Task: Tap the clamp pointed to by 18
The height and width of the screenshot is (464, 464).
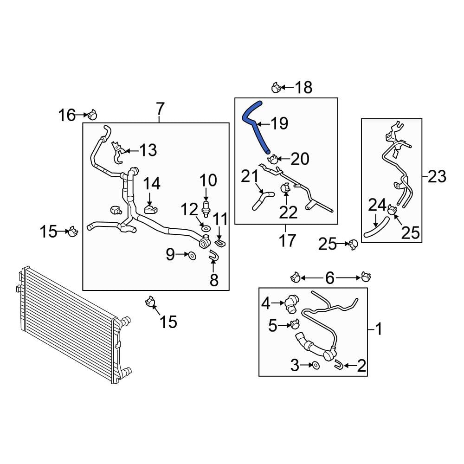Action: [x=276, y=88]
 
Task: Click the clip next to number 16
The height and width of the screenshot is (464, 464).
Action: [x=92, y=115]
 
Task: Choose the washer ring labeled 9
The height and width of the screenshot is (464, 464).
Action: [x=192, y=255]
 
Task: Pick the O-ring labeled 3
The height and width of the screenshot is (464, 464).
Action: [x=316, y=366]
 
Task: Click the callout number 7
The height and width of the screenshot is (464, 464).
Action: [x=160, y=109]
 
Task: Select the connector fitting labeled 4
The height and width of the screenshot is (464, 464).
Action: [x=291, y=304]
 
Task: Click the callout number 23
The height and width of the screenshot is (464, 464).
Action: [x=437, y=177]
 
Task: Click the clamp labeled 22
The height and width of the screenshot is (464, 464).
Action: [x=285, y=188]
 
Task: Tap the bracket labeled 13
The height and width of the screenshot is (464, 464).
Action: [x=118, y=152]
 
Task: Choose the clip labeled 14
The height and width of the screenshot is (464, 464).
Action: [x=151, y=210]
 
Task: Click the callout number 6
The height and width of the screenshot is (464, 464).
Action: [x=329, y=278]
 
